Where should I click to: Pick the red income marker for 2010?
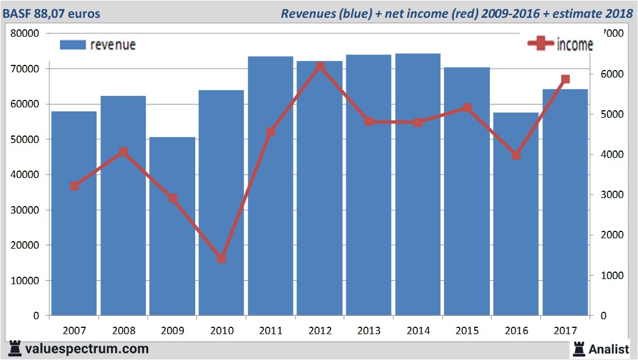222,258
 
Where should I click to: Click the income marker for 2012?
320,67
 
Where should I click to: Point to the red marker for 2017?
565,79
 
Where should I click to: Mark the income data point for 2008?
123,152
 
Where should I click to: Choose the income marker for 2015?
467,108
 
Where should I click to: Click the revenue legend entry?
98,45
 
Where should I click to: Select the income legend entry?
560,44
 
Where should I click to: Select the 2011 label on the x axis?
270,331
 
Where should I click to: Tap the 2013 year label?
369,331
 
